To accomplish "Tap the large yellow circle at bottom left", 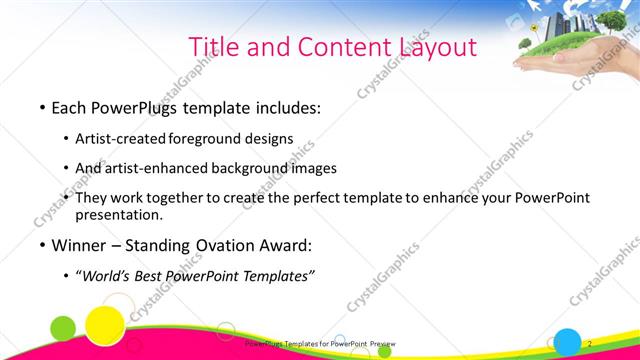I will tap(103, 324).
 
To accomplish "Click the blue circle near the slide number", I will tap(568, 340).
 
